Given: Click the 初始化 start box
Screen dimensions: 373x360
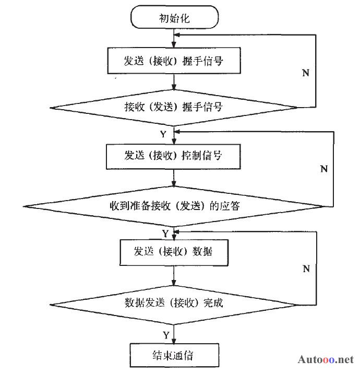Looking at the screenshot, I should coord(174,19).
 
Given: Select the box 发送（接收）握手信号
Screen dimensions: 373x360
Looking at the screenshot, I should coord(174,61).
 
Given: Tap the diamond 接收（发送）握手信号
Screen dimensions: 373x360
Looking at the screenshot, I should coord(174,108).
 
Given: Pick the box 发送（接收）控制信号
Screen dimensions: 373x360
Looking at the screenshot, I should coord(174,155).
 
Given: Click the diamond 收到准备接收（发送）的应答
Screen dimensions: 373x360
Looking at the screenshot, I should coord(174,205).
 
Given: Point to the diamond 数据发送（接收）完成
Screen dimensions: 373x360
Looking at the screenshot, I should coord(174,302).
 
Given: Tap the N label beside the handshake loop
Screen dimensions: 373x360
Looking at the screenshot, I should coord(306,73).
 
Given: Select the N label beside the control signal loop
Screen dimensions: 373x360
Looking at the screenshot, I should coord(323,169).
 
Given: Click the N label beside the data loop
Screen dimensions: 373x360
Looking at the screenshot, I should coord(306,269).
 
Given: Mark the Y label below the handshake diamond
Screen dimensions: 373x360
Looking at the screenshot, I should coord(163,134).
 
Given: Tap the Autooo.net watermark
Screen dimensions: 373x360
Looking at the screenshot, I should coord(326,360).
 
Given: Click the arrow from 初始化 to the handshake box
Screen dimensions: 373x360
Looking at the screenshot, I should coord(174,38).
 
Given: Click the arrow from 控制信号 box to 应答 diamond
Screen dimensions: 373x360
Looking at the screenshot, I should coord(174,178).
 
